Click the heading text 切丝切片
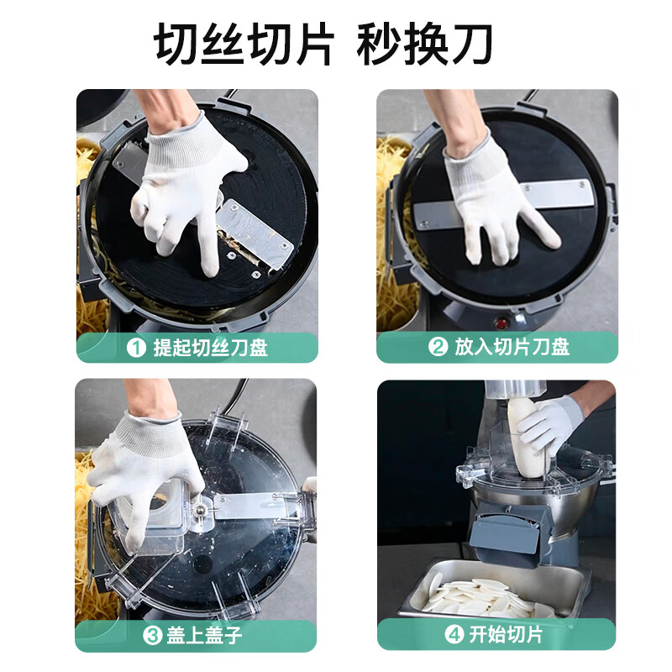(x=244, y=44)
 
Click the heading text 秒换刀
(x=425, y=44)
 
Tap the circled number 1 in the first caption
(x=137, y=348)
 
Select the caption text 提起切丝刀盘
(x=211, y=348)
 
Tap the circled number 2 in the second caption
(x=438, y=346)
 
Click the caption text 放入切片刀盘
(x=512, y=346)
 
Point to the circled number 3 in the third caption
(x=152, y=635)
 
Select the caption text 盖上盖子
(x=204, y=635)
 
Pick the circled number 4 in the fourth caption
(x=454, y=634)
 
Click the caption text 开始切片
(x=507, y=634)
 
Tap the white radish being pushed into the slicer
(x=526, y=436)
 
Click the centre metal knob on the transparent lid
(x=198, y=510)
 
